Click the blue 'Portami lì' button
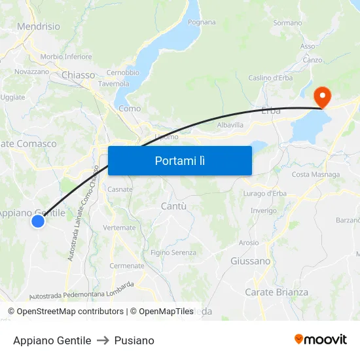180,160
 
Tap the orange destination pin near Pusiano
322,97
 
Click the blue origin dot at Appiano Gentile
38,221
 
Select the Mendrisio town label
38,27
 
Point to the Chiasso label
78,75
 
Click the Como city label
130,109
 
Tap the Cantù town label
173,206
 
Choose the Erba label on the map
270,111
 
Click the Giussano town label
250,261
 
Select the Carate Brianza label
276,292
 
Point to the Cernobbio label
122,73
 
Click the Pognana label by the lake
202,22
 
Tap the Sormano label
287,23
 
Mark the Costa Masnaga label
315,175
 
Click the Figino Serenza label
173,253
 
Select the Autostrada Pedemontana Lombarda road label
82,291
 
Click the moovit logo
321,339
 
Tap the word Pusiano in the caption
134,340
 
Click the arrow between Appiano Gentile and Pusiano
103,340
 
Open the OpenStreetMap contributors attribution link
70,312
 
